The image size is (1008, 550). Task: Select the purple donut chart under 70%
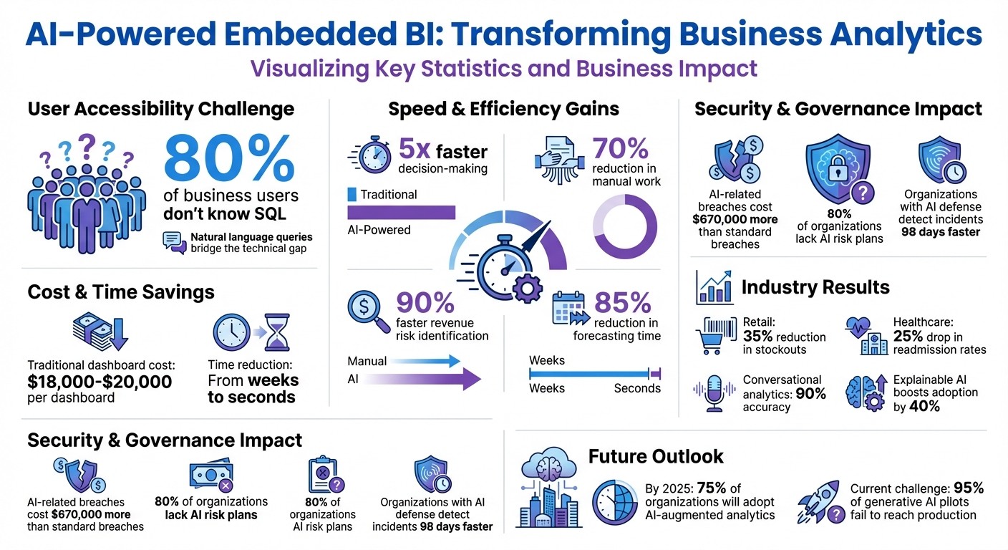tap(625, 226)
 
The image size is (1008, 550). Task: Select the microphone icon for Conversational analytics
tap(714, 392)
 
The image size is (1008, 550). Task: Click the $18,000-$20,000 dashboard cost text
tap(100, 382)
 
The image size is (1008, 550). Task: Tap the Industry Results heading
tap(815, 287)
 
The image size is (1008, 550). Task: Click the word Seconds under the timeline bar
tap(636, 388)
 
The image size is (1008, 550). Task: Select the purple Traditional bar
tap(401, 212)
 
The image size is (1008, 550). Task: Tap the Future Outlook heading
tap(655, 456)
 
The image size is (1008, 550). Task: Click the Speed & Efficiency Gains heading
tap(503, 109)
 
